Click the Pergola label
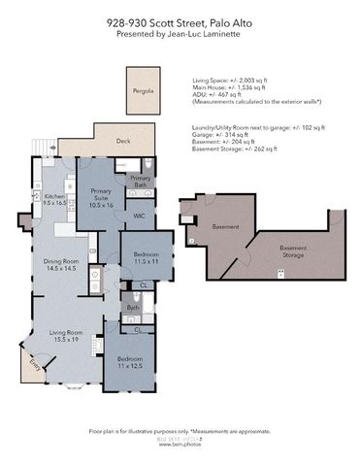click(143, 93)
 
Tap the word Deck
click(123, 140)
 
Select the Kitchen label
click(54, 200)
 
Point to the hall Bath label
click(132, 309)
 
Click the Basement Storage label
click(293, 251)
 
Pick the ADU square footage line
click(215, 95)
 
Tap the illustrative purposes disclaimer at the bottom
click(180, 430)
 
